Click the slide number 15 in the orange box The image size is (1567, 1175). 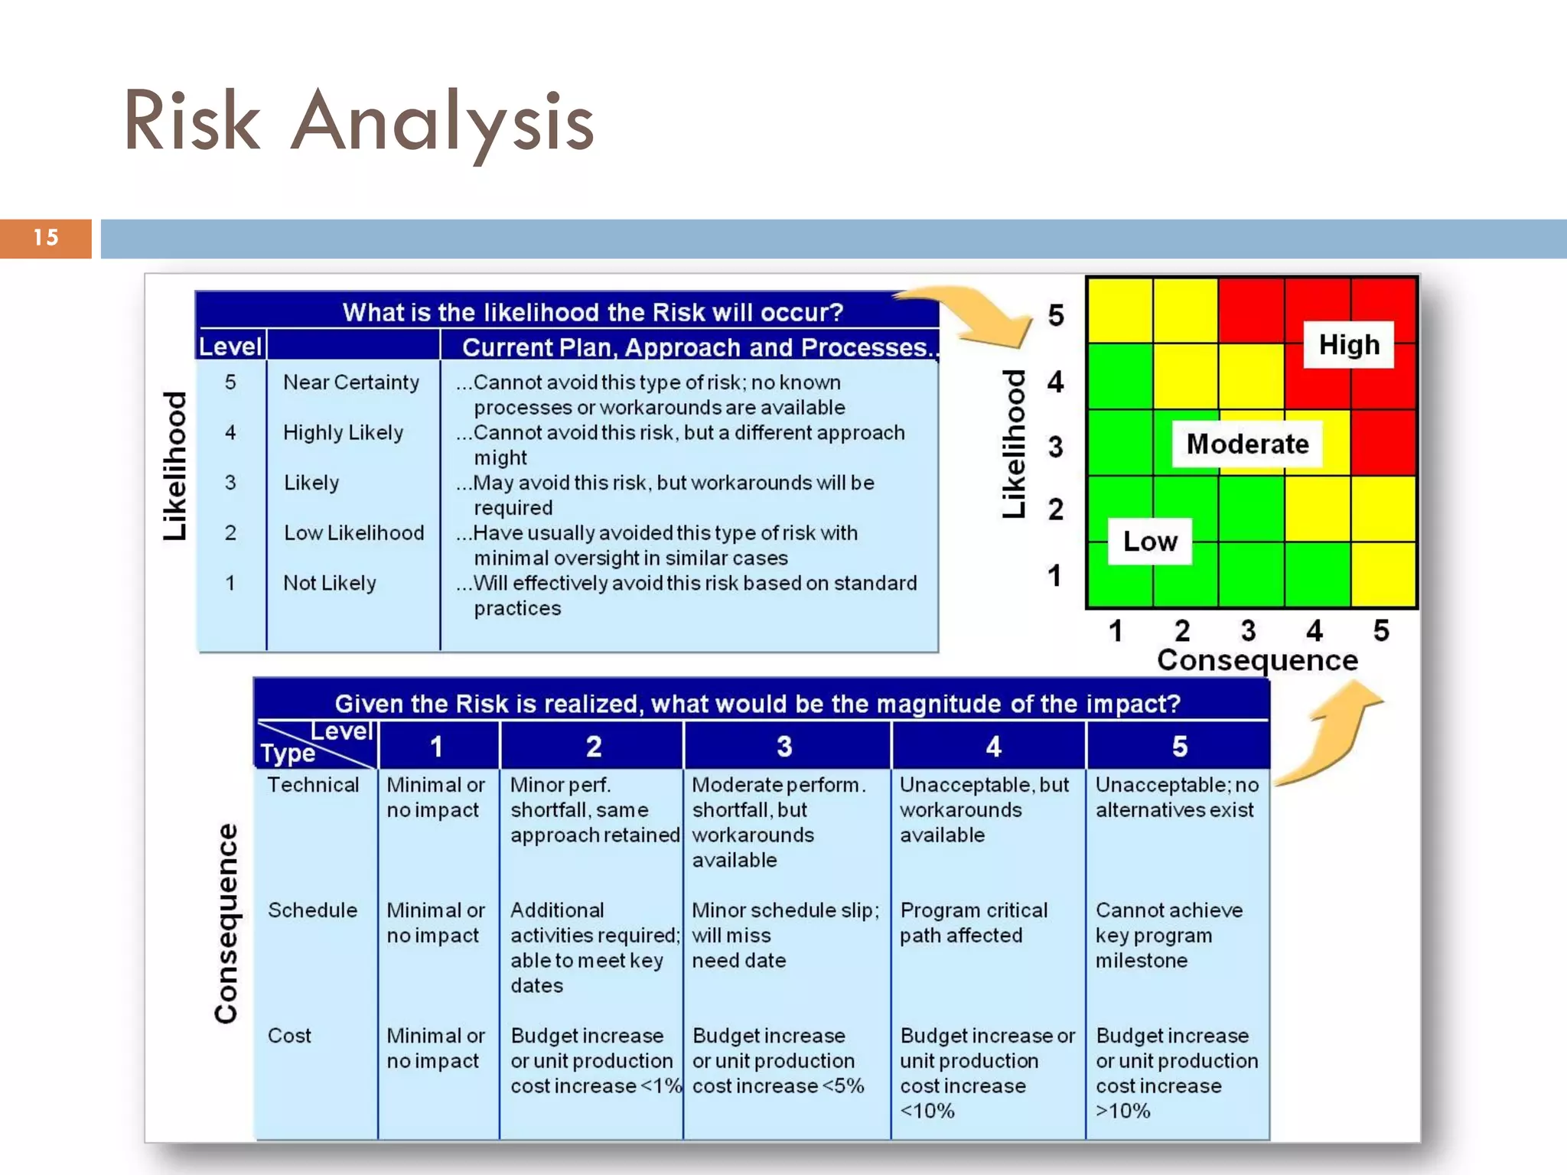46,238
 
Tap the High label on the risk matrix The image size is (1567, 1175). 1349,345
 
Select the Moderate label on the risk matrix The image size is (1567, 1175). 1247,444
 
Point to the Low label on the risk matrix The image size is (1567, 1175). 1150,542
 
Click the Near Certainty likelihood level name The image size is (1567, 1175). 351,382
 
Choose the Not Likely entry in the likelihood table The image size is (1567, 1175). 330,583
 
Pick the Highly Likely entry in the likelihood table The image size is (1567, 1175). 343,433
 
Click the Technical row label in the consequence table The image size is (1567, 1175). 313,785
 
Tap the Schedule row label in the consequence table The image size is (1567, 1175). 312,910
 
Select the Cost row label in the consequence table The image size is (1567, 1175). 289,1036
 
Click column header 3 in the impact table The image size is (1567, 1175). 784,746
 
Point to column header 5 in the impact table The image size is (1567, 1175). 1179,746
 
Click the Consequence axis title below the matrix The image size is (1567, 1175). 1257,660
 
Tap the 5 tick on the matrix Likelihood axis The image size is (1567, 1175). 1056,315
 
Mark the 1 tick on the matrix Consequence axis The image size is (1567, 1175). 1116,631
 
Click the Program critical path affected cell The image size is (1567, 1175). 973,923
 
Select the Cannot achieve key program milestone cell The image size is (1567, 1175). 1169,935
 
